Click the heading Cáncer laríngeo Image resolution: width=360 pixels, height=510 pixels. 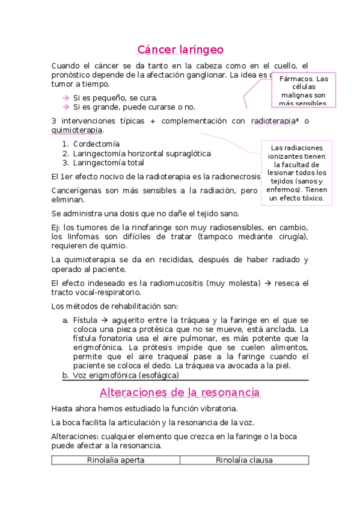click(180, 49)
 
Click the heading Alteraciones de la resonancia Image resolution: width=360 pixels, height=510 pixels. click(180, 392)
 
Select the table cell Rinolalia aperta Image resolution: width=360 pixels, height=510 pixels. click(115, 461)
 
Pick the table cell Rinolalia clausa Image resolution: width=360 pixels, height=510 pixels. click(244, 461)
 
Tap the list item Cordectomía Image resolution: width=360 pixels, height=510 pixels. click(96, 144)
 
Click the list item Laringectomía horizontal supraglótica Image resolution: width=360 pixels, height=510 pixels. click(142, 153)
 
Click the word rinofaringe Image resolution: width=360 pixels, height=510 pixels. click(149, 227)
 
